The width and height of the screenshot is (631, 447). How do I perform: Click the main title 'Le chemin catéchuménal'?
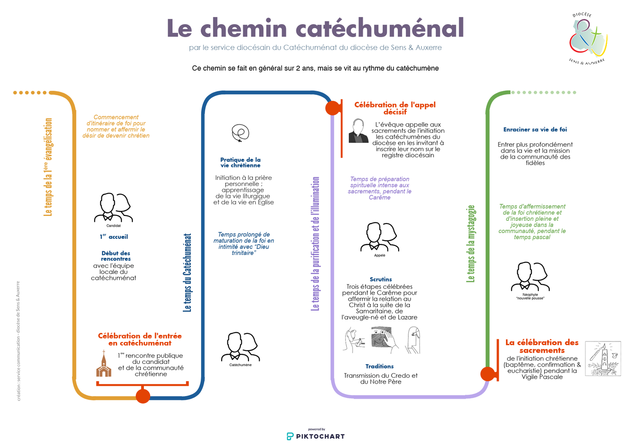tap(315, 28)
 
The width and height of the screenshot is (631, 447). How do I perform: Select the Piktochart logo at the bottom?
tap(315, 436)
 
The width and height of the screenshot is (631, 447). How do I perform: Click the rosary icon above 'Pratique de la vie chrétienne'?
tap(240, 133)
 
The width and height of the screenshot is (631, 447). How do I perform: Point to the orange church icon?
tap(104, 364)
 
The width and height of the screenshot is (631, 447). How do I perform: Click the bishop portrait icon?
tap(358, 131)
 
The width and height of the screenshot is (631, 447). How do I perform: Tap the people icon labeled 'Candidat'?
tap(114, 207)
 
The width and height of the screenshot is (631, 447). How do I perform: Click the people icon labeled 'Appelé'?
tap(379, 237)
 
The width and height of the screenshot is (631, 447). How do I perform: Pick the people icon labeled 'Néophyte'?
tap(530, 277)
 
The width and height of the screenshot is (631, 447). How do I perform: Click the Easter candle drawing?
tap(603, 358)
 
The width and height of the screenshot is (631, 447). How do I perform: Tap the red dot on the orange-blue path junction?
tap(143, 396)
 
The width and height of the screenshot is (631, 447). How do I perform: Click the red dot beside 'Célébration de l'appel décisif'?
tap(332, 108)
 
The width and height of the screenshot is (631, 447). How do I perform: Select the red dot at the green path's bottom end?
tap(488, 374)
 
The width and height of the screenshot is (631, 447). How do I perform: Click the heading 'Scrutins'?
tap(381, 279)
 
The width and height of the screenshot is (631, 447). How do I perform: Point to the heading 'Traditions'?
tap(379, 367)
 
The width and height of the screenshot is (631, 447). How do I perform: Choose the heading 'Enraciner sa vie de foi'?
tap(535, 130)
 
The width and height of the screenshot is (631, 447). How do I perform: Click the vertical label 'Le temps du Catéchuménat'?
tap(188, 273)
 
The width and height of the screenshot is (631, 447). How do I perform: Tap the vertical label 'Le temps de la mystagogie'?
tap(471, 244)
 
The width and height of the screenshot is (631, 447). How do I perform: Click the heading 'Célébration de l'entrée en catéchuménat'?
tap(140, 339)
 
